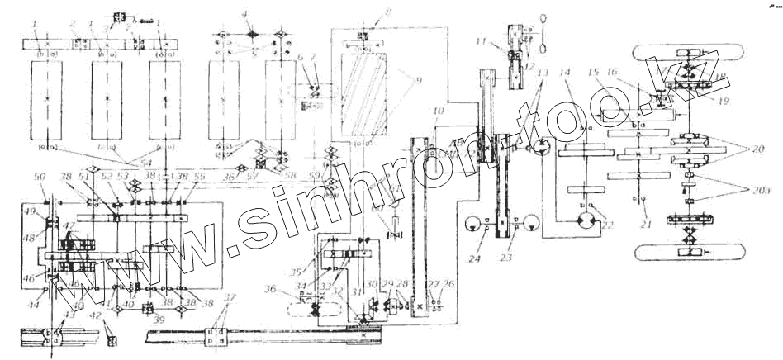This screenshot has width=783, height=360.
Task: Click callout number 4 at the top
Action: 244,13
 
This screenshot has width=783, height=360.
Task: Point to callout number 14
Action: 564,72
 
